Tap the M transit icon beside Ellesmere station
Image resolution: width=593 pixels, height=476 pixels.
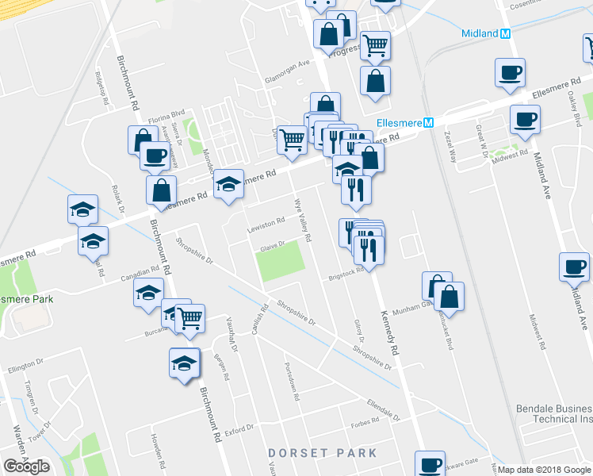(428, 123)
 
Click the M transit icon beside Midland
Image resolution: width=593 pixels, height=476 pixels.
(506, 33)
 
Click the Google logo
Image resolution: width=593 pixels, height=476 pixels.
(26, 466)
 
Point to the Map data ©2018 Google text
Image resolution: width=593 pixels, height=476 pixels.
(544, 470)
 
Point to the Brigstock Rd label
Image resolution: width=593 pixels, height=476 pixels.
(346, 274)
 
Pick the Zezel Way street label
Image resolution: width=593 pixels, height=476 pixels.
(450, 147)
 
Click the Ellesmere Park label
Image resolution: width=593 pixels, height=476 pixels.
(27, 299)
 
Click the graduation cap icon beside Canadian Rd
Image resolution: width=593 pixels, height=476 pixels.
(148, 292)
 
